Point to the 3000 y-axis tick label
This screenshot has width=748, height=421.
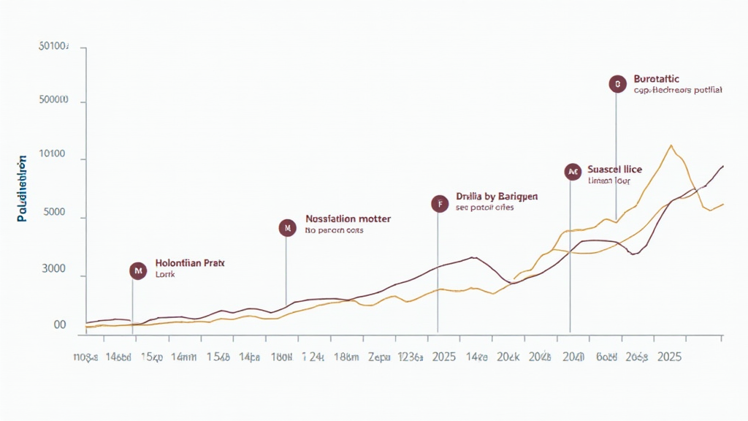(x=54, y=270)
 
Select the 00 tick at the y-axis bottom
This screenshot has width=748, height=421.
(x=60, y=325)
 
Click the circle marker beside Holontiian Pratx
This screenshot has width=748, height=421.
(x=137, y=270)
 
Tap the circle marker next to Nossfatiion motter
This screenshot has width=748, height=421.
(x=288, y=228)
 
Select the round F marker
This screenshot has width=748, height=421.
(x=439, y=204)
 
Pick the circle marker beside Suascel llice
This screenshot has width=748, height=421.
(x=573, y=172)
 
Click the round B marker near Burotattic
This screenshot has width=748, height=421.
(x=617, y=84)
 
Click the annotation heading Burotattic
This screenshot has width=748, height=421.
(x=657, y=78)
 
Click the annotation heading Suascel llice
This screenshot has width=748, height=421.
(x=614, y=169)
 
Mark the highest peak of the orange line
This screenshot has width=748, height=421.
(x=671, y=145)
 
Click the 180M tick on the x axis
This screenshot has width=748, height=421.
(x=282, y=357)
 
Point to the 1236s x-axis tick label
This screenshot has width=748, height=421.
(x=410, y=357)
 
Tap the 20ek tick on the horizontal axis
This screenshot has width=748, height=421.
(x=507, y=357)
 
